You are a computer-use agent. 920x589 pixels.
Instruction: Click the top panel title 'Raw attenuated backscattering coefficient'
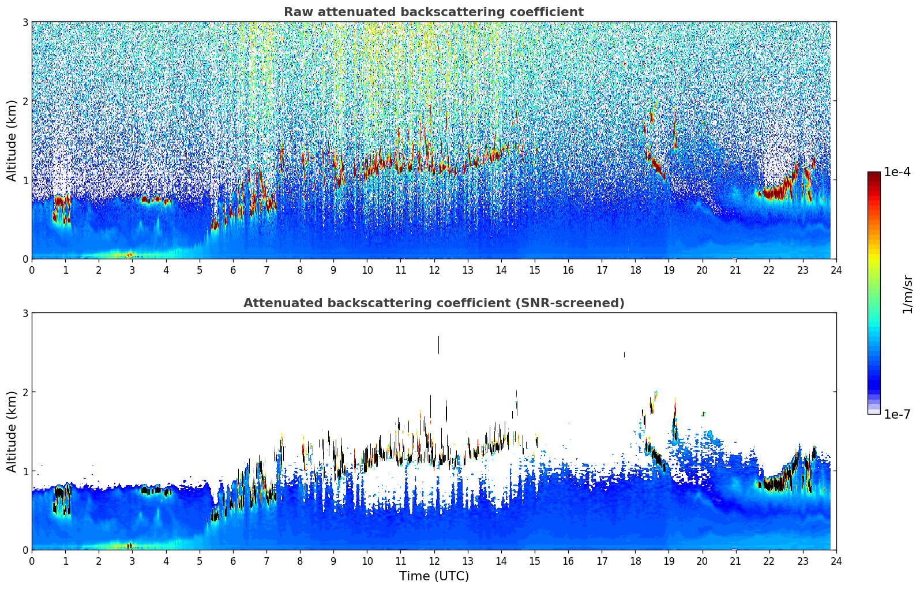[x=433, y=12]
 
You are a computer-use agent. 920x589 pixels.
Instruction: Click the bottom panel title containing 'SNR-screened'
[x=433, y=303]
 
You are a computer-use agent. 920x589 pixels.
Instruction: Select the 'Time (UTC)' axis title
[x=434, y=576]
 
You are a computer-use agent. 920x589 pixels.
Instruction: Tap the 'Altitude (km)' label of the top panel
[x=12, y=140]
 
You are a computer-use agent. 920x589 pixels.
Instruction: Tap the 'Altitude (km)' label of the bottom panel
[x=12, y=431]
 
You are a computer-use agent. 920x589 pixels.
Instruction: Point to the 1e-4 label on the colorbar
[x=897, y=172]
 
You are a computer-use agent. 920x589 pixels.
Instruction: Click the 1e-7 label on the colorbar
[x=897, y=414]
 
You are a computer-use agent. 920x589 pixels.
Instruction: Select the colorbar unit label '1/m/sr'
[x=907, y=294]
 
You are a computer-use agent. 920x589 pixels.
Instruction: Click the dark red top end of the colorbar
[x=874, y=175]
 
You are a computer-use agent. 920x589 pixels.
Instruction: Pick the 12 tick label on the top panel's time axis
[x=434, y=270]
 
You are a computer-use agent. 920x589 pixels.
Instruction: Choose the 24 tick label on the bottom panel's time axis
[x=836, y=561]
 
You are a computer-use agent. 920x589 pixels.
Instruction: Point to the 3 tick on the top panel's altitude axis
[x=25, y=22]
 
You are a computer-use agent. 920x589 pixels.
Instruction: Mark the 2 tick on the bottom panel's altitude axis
[x=25, y=392]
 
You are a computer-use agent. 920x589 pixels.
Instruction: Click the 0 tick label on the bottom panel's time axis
[x=32, y=561]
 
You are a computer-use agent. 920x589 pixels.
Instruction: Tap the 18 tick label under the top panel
[x=635, y=270]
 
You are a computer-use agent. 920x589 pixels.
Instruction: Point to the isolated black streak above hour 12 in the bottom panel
[x=438, y=345]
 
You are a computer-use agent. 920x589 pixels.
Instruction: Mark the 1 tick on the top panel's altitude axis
[x=25, y=180]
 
